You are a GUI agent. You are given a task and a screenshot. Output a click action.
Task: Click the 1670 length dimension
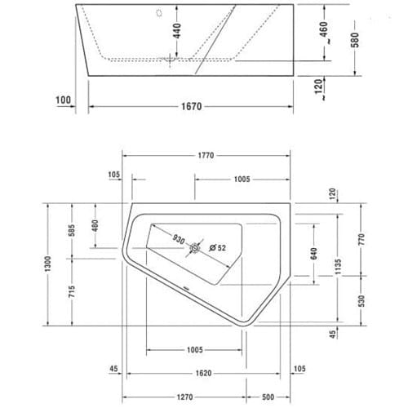coord(192,106)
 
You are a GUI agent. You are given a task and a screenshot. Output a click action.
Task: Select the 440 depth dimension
coord(177,31)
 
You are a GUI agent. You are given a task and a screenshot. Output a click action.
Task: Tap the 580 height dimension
coord(355,40)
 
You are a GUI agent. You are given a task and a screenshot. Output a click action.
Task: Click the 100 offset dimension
coord(63,100)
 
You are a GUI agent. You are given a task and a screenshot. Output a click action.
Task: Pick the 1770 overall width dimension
coord(206,156)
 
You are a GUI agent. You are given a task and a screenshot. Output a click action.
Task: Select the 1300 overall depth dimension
coord(48,264)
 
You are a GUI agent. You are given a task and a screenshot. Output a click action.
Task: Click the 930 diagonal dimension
coord(179,239)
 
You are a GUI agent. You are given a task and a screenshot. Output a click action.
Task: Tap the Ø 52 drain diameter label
coord(218,248)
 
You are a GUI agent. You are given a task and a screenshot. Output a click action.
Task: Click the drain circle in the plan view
coord(195,248)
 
